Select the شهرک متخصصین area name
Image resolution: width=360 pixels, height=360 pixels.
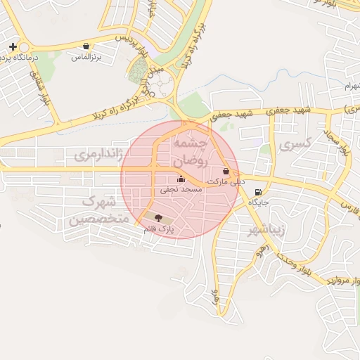click(x=98, y=211)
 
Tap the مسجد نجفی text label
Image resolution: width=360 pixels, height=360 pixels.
click(x=181, y=189)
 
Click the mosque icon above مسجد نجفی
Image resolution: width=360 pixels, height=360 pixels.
click(x=181, y=179)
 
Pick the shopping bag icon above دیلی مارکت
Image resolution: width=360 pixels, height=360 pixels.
click(x=226, y=171)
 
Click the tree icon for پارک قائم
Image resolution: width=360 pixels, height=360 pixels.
click(x=157, y=218)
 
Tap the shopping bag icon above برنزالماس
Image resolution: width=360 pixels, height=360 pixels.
click(x=86, y=46)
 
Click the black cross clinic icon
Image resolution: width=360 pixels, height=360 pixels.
click(x=12, y=46)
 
